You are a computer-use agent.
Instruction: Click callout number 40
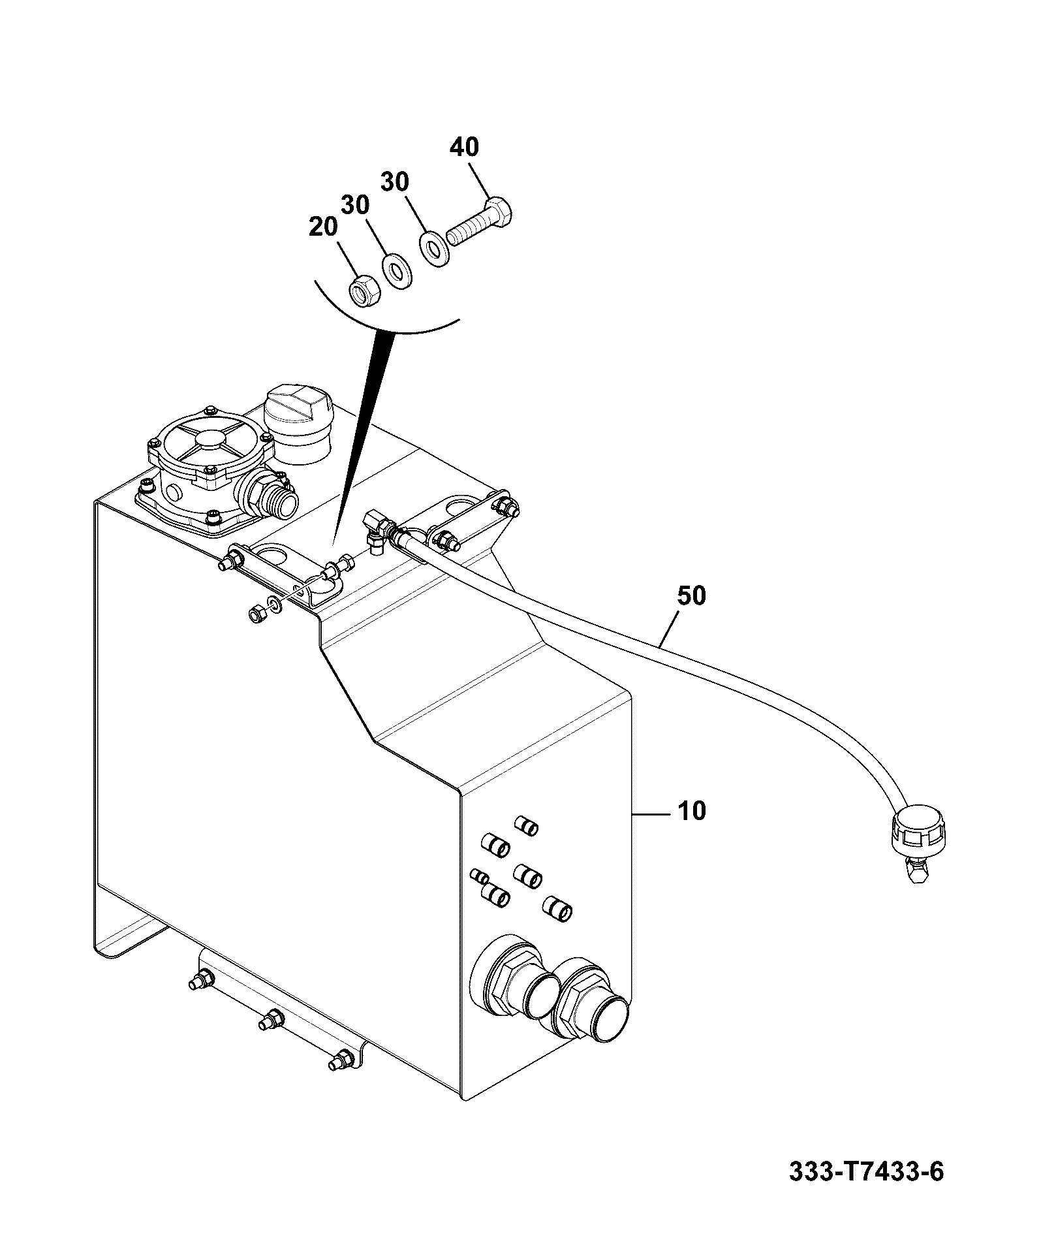pyautogui.click(x=464, y=148)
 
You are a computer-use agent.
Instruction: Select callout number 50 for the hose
pyautogui.click(x=691, y=595)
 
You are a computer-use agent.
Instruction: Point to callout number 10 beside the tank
pyautogui.click(x=691, y=811)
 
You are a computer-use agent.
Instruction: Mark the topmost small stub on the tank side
pyautogui.click(x=527, y=825)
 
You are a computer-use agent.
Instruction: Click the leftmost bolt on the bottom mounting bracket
pyautogui.click(x=202, y=998)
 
